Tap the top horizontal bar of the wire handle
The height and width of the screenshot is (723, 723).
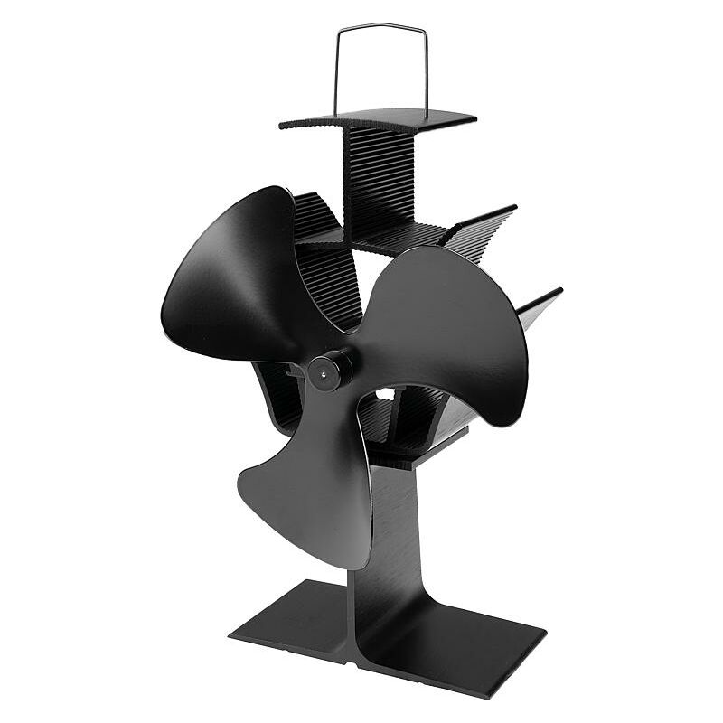pos(380,27)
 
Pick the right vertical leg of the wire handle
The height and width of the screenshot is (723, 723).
pos(426,72)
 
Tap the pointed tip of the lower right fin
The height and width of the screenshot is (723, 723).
pos(559,291)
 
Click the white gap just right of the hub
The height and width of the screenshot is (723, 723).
pos(383,395)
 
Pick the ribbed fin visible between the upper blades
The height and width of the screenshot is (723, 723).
pos(325,271)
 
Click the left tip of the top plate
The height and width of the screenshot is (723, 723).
pos(283,125)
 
